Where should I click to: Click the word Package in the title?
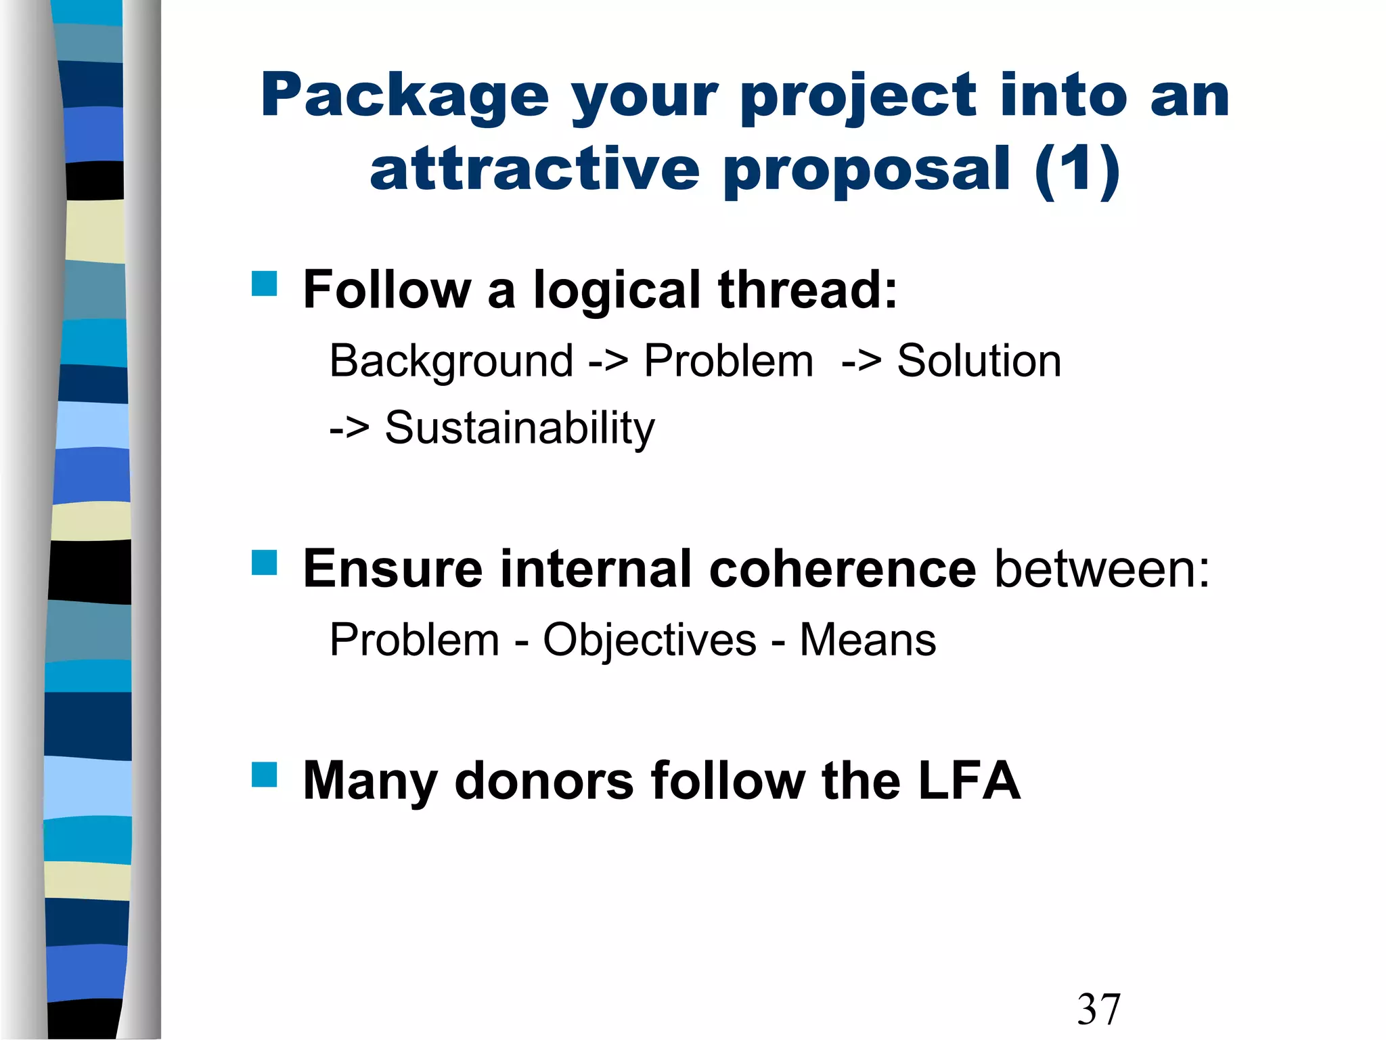[x=404, y=97]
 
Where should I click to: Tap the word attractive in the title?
[x=535, y=169]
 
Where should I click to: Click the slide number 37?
[x=1099, y=1009]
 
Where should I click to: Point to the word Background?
[x=451, y=361]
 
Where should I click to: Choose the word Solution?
[x=979, y=361]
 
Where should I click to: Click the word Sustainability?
[x=520, y=429]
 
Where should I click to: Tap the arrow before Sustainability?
[x=349, y=429]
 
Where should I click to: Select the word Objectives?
[x=650, y=640]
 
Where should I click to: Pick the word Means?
[x=868, y=640]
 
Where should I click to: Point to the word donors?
[x=544, y=781]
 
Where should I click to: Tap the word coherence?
[x=842, y=569]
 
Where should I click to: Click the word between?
[x=1102, y=569]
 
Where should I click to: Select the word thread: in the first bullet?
[x=807, y=290]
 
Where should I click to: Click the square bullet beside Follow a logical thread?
[x=265, y=284]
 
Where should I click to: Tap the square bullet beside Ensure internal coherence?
[x=265, y=563]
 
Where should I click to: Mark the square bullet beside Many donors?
[x=265, y=775]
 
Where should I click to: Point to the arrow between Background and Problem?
[x=608, y=361]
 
